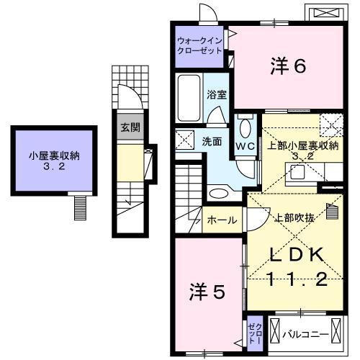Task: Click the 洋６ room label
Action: pos(289,66)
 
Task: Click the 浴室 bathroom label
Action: pos(215,94)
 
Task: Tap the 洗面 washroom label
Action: pos(211,142)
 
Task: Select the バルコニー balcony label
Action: pos(305,334)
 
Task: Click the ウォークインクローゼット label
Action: pos(200,45)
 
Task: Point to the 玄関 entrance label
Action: pos(130,127)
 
